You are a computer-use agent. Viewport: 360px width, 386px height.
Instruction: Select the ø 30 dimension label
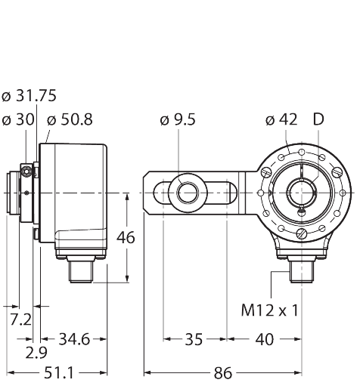tap(20, 119)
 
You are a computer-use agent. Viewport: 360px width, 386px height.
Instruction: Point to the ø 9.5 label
tap(179, 119)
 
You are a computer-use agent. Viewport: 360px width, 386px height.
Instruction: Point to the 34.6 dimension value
tap(74, 339)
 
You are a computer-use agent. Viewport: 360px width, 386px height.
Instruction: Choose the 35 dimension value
tap(194, 339)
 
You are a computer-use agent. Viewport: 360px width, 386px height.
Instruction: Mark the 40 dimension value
tap(264, 339)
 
